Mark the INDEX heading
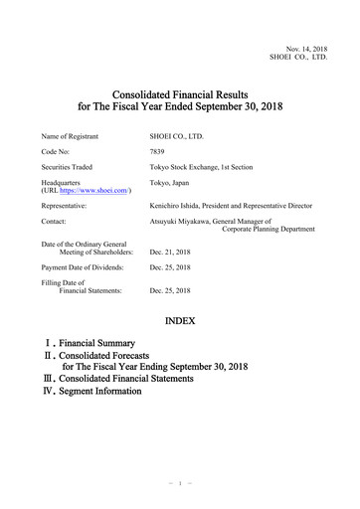coord(180,322)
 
